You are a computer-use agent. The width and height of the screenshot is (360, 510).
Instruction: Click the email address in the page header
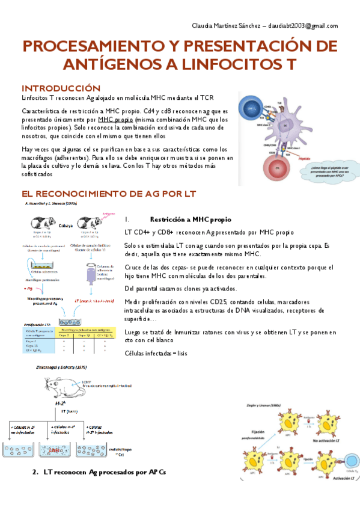(298, 26)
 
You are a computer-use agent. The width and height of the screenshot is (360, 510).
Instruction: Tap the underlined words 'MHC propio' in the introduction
(117, 120)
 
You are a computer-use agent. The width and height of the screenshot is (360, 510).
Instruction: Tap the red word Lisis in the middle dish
(56, 450)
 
